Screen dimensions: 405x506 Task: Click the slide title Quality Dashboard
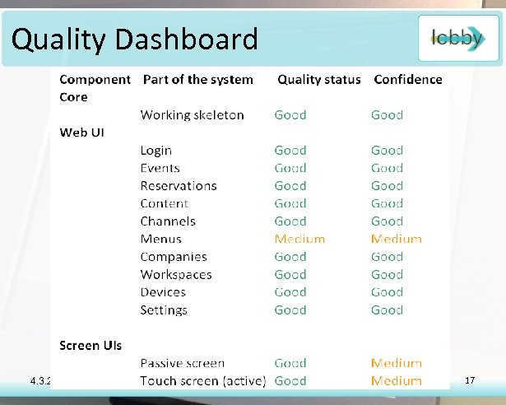click(x=135, y=39)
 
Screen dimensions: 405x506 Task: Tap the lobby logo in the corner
click(x=457, y=37)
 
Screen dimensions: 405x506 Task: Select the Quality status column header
click(x=318, y=80)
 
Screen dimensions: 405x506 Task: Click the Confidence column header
click(x=407, y=80)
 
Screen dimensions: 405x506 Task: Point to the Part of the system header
click(x=197, y=80)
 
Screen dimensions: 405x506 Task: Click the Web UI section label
click(x=81, y=133)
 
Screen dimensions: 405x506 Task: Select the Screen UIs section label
click(x=91, y=345)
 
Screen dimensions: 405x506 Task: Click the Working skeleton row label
click(x=192, y=115)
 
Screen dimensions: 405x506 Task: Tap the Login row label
click(x=156, y=151)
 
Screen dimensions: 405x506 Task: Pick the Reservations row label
click(x=178, y=186)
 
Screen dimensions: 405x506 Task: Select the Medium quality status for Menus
click(x=299, y=239)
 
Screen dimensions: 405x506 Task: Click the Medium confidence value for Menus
click(x=396, y=239)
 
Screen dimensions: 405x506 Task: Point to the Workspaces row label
click(x=175, y=275)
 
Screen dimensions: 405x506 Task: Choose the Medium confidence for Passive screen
click(x=396, y=363)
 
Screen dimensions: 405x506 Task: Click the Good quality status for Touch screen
click(x=290, y=381)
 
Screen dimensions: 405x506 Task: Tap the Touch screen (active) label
click(x=202, y=381)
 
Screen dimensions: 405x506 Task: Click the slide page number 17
click(x=471, y=380)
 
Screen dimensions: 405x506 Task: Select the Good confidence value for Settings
click(x=387, y=310)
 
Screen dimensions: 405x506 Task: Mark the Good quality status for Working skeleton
click(x=290, y=115)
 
